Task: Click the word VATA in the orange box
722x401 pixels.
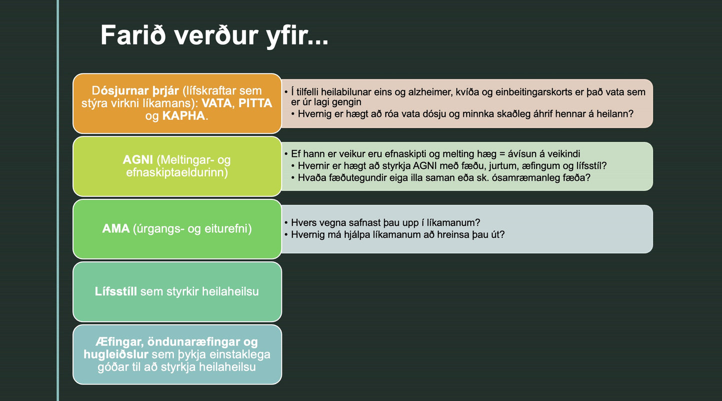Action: pos(216,104)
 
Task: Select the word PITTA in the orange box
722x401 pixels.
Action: pos(255,104)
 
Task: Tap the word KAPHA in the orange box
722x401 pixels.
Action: pos(184,116)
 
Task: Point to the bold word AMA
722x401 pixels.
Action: pos(116,229)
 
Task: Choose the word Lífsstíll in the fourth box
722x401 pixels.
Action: pos(116,292)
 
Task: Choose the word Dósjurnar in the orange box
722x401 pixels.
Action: pos(121,91)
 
